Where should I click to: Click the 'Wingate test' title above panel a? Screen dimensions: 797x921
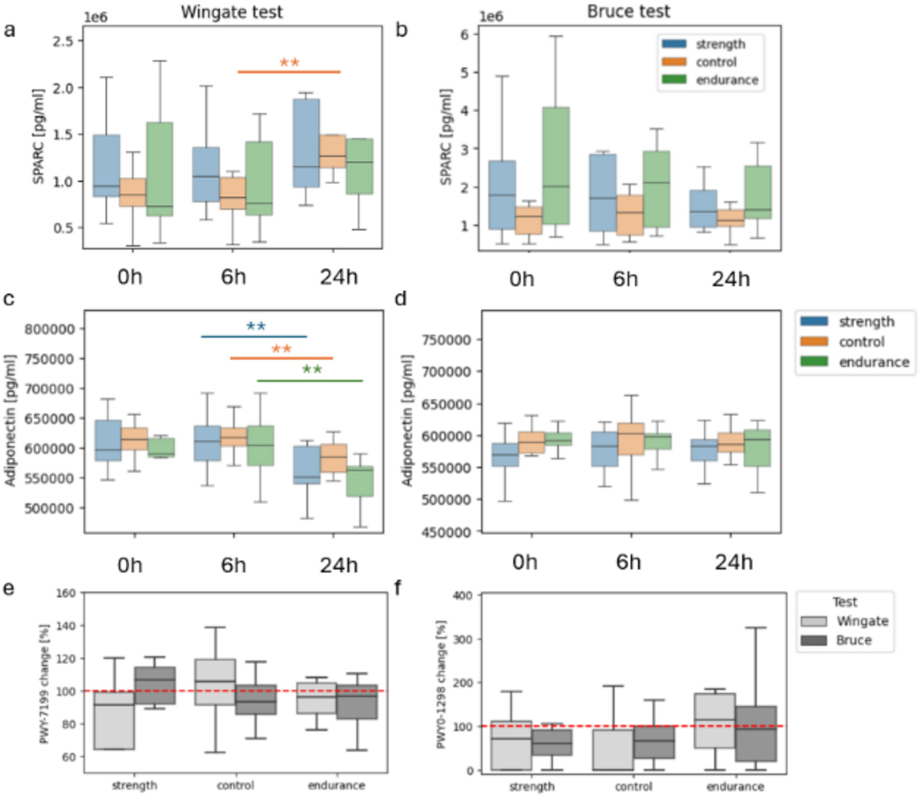(231, 12)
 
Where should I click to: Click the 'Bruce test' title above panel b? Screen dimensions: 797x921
(628, 11)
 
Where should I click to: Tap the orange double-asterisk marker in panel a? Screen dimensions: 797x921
(289, 62)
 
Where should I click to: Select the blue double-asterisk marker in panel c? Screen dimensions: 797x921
(255, 326)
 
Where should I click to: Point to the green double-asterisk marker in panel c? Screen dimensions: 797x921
(312, 369)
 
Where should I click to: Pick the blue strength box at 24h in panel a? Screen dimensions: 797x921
(306, 143)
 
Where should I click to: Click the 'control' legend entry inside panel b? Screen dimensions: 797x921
(716, 62)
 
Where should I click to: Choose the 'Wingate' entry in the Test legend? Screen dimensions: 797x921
(862, 621)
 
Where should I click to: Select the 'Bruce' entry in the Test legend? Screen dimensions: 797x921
(853, 640)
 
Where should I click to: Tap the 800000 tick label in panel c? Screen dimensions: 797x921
(49, 329)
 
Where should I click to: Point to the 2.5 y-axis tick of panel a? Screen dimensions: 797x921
(63, 41)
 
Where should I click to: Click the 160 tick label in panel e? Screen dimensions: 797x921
(66, 593)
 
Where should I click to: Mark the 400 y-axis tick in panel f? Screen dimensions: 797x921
(462, 596)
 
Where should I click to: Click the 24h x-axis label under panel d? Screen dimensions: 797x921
(733, 562)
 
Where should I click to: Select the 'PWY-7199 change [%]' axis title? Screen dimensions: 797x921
(44, 684)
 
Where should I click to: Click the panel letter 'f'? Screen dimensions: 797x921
(398, 588)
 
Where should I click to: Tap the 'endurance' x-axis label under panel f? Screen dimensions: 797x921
(735, 786)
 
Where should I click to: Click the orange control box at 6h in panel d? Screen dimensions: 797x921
(631, 439)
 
